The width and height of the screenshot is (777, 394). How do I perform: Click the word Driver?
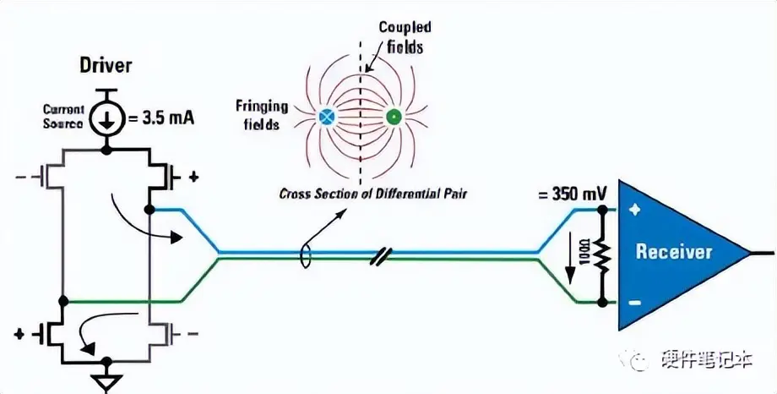pos(106,64)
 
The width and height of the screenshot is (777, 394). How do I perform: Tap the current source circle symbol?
pos(106,119)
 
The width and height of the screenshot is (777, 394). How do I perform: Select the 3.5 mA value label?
pos(161,118)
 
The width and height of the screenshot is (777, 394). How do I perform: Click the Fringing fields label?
pos(262,114)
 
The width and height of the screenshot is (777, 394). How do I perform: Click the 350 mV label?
pos(570,194)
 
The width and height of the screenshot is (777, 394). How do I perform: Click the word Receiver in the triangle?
pos(674,251)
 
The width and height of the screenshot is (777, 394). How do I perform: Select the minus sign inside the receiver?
pos(635,302)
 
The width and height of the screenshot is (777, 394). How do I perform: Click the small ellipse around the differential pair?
pos(307,254)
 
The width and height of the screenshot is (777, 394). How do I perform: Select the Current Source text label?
pos(63,116)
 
